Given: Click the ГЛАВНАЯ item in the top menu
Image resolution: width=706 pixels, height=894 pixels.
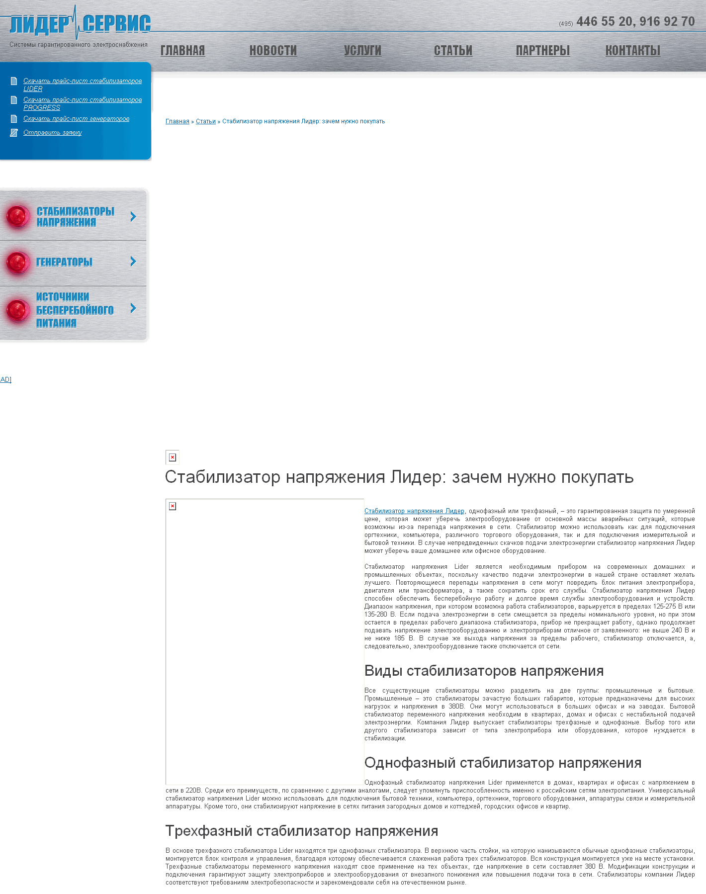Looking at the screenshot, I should (182, 51).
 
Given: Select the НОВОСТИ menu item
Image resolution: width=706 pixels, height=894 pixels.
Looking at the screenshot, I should (273, 51).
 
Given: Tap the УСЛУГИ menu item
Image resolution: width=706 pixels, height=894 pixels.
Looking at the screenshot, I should (362, 51).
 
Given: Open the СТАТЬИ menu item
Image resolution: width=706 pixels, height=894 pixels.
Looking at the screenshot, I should (453, 51).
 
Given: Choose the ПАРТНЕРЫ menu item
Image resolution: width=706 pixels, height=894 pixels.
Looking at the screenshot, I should (542, 51).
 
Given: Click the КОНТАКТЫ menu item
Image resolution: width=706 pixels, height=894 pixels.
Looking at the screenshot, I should (632, 51).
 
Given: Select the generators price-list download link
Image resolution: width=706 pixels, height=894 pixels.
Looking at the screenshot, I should (76, 119).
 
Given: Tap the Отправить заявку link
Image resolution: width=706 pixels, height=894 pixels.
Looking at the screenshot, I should (52, 133).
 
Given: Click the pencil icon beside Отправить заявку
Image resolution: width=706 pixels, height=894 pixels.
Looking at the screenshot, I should (14, 133).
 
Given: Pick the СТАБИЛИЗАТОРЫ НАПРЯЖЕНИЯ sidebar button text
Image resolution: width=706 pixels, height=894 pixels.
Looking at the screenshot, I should (75, 216).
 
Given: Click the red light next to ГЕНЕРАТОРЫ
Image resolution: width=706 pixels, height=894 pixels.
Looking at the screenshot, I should (18, 262).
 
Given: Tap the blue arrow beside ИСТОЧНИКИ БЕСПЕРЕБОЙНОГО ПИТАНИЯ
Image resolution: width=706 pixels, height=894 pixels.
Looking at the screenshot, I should (133, 308).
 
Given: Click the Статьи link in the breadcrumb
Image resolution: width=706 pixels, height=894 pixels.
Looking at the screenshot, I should (205, 121).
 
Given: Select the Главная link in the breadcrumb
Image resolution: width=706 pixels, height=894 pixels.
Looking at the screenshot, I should (177, 121).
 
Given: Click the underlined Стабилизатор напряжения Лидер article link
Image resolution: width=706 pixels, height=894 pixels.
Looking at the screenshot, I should (414, 511).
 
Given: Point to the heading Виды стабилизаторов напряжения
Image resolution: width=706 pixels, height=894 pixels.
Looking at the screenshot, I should (484, 671).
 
